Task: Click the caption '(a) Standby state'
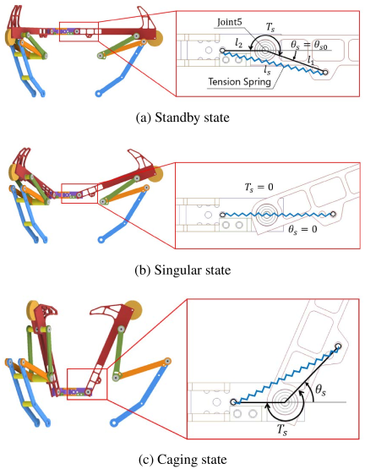coord(182,117)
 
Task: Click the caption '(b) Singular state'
coord(182,270)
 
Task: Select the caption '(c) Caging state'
coord(182,459)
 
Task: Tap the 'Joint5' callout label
coord(230,23)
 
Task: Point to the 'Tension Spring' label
coord(239,82)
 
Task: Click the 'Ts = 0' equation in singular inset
coord(259,188)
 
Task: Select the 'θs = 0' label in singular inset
coord(302,230)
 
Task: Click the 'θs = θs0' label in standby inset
coord(309,46)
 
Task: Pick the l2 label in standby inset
coord(238,44)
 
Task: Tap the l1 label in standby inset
coord(311,61)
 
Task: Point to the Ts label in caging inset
coord(282,430)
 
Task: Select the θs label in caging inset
coord(320,391)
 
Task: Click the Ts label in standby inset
coord(270,28)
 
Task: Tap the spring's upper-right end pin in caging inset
coord(338,346)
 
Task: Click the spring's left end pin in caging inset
coord(233,401)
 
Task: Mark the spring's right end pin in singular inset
coord(333,214)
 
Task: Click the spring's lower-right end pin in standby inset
coord(325,72)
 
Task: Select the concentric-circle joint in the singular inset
coord(266,215)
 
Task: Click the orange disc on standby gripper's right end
coord(156,39)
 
